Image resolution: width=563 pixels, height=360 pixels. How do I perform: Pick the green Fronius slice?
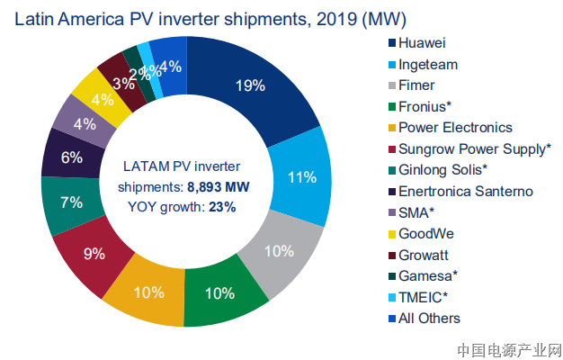(x=221, y=292)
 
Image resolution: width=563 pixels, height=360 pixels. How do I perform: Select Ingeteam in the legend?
(x=429, y=64)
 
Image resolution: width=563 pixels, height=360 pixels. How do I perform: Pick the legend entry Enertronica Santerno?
(x=466, y=191)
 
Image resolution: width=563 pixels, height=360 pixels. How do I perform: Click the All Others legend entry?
(x=430, y=318)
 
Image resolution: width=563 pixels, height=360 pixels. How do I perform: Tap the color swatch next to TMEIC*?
(x=391, y=297)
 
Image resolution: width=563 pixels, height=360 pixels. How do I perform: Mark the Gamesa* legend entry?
(x=426, y=275)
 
